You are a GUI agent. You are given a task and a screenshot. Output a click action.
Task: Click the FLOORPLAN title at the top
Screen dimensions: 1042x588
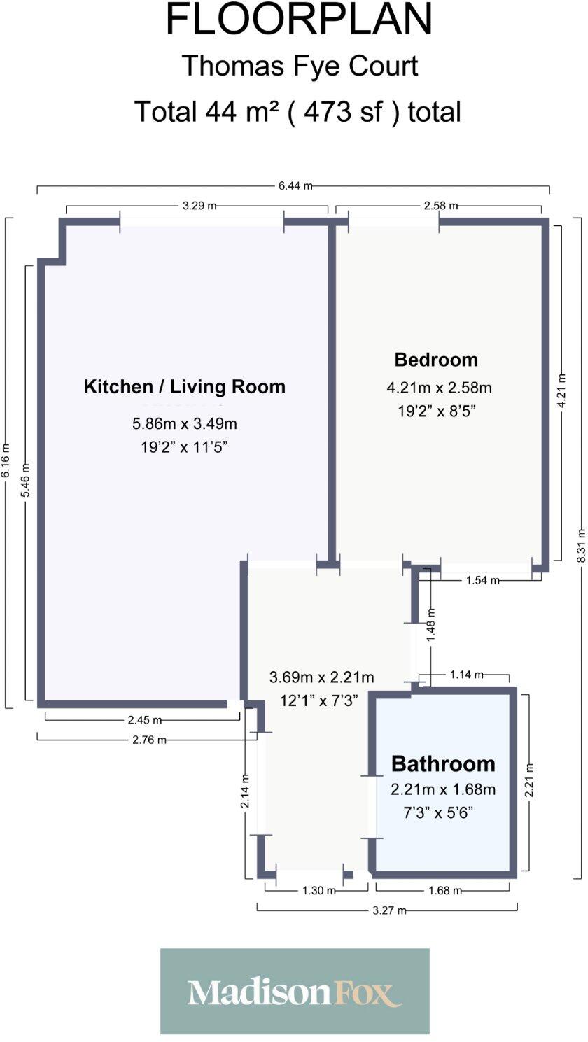tap(299, 21)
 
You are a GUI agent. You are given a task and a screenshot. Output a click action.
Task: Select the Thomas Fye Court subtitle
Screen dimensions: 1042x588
tap(300, 66)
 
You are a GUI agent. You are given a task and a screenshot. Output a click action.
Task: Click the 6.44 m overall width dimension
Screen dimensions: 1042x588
tap(295, 185)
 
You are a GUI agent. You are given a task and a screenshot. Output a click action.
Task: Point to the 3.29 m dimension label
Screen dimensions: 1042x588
tap(199, 206)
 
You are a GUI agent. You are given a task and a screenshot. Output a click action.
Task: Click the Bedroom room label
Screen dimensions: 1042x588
tap(436, 360)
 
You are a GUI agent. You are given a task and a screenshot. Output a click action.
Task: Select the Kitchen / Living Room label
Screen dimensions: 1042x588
tap(184, 386)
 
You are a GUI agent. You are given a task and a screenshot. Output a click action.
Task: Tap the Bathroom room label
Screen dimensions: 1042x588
tap(442, 763)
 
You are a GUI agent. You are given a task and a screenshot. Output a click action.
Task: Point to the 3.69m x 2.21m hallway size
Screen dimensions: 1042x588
tap(321, 677)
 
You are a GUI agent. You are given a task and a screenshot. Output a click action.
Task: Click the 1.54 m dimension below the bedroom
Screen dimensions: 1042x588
tap(482, 580)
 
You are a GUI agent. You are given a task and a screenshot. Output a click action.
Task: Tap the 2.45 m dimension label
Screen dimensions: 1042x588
tap(145, 720)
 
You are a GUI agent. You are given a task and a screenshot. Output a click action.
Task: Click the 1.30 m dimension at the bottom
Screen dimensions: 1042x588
tap(318, 891)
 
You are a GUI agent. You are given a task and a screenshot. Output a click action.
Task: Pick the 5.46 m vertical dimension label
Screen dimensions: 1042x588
tap(27, 480)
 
